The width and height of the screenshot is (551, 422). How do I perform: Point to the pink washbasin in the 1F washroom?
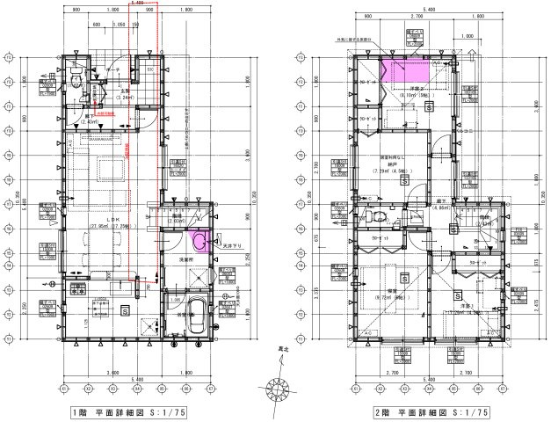coord(201,244)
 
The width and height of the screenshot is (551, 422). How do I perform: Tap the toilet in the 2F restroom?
coord(378,217)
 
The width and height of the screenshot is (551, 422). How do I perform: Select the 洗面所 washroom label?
coord(187,261)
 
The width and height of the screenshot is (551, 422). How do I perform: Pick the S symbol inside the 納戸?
coord(404,180)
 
